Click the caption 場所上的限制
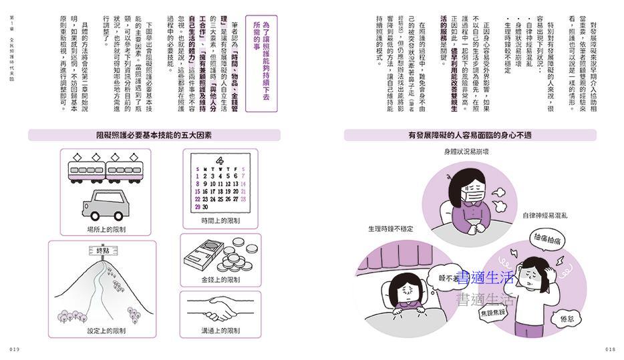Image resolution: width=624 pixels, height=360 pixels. (106, 229)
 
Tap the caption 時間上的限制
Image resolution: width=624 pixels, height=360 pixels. (220, 220)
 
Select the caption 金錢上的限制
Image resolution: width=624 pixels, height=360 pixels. (220, 279)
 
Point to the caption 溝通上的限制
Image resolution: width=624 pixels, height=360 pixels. (220, 331)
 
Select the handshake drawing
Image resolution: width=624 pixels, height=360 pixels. (220, 309)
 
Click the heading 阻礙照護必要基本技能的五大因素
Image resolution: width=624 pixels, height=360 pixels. (148, 136)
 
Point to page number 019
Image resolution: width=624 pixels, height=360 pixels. (15, 349)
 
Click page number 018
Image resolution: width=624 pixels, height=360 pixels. (609, 349)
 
